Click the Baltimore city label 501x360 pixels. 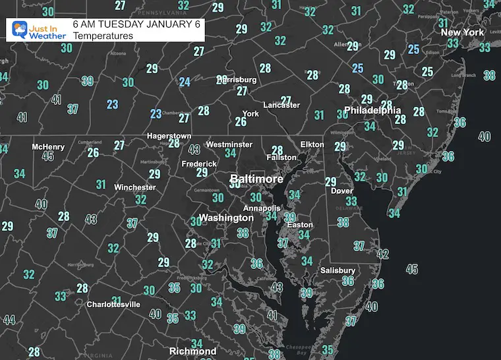pos(256,179)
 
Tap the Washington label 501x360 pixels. pos(227,218)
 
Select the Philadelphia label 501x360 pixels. pos(372,110)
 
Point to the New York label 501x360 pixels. pos(462,32)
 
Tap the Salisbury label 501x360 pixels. pos(338,270)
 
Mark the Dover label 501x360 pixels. pos(341,191)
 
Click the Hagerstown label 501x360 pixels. pos(169,136)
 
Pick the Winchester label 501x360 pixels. pos(134,187)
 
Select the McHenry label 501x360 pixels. pos(48,146)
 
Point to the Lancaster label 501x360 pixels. pos(281,105)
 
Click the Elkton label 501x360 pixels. pos(312,144)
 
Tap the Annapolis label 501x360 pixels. pos(257,208)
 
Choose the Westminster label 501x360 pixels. pos(229,144)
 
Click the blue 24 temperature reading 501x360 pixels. pos(185,82)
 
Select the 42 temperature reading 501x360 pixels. pos(382,255)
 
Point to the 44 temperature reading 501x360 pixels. pos(9,320)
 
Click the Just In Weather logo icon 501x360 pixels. pos(20,30)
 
